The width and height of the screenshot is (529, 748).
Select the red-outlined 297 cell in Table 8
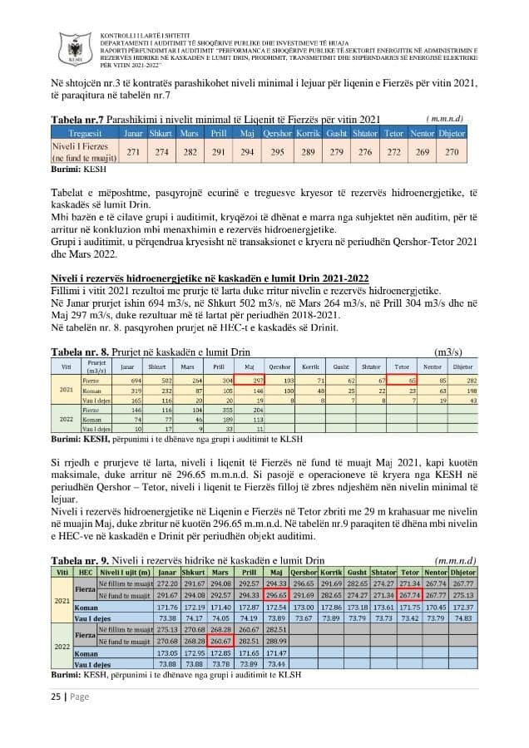272,379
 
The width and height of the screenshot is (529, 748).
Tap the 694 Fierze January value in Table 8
128,379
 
